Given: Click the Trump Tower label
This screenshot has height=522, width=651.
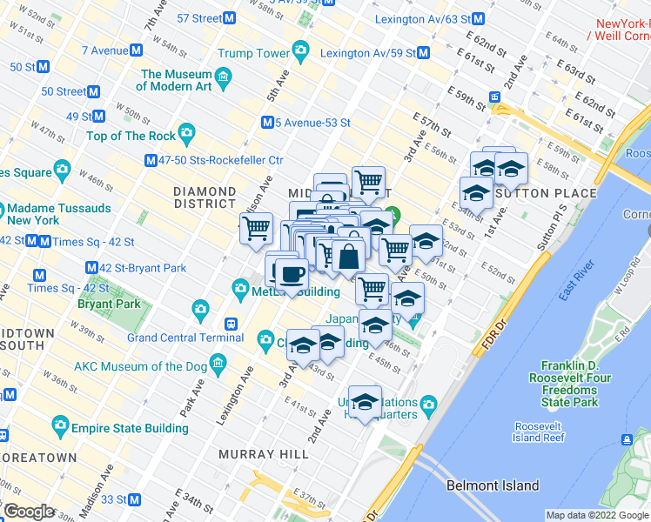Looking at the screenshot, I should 253,53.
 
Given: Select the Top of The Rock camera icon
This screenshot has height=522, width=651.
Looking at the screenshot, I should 187,135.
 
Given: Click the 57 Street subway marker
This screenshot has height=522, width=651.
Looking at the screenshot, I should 230,18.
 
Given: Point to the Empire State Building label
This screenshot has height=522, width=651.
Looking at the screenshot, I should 130,428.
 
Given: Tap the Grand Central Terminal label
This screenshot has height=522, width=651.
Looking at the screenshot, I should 173,338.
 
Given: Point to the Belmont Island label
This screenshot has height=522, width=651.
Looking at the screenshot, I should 493,485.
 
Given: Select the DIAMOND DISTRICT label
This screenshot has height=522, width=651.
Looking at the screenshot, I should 205,197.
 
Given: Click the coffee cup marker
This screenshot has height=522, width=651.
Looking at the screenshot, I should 291,274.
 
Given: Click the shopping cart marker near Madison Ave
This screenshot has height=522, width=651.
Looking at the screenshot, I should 256,228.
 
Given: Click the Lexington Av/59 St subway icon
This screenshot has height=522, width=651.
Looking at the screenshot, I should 423,53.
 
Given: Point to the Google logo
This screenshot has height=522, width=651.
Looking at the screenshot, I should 29,512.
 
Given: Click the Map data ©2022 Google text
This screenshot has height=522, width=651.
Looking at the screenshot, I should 596,515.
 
